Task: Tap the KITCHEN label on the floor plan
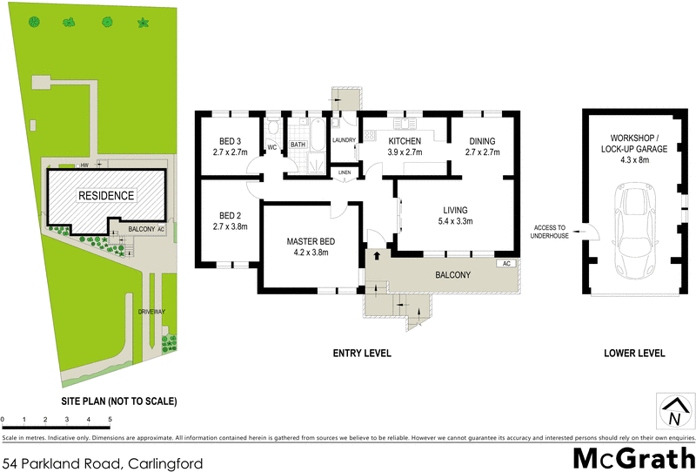(405, 141)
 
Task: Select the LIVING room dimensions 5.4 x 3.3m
(455, 221)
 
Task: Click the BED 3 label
(226, 141)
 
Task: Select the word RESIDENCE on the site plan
(107, 196)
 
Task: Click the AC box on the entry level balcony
(505, 263)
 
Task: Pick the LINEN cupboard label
(345, 173)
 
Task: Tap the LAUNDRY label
(344, 140)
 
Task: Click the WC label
(271, 147)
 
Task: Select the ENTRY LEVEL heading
(363, 354)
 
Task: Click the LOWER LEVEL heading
(634, 354)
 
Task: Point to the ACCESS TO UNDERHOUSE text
(550, 231)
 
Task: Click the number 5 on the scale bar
(110, 420)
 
